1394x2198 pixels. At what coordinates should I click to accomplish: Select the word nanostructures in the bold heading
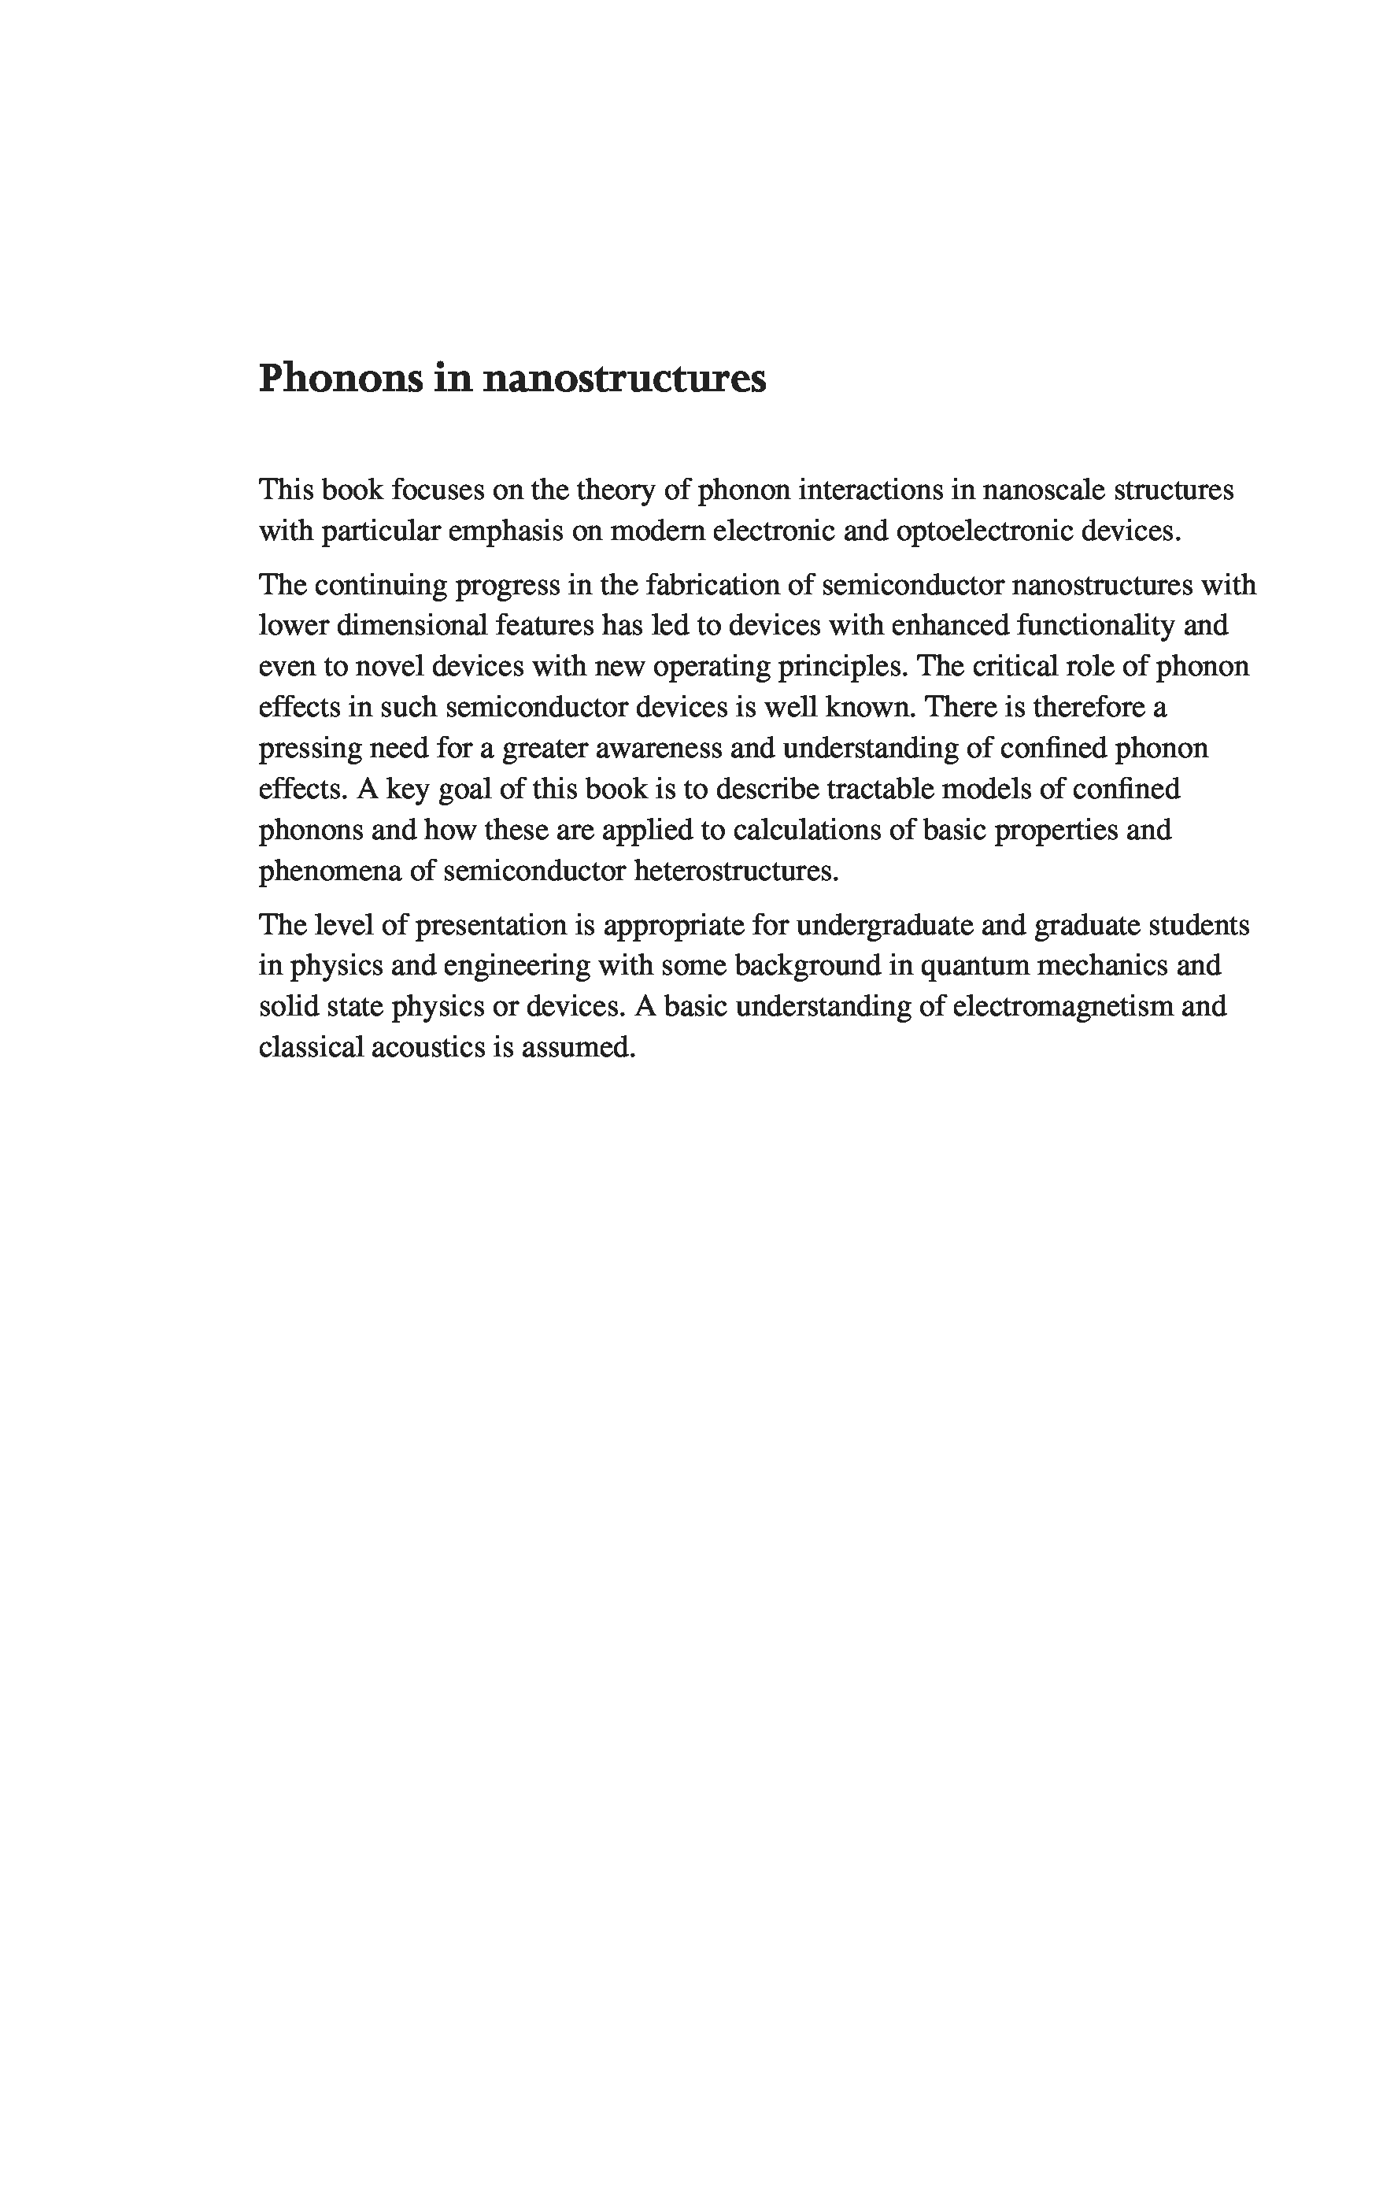(x=623, y=379)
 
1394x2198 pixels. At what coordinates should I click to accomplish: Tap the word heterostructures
(x=736, y=871)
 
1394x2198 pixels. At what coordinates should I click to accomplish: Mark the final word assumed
(x=578, y=1047)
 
